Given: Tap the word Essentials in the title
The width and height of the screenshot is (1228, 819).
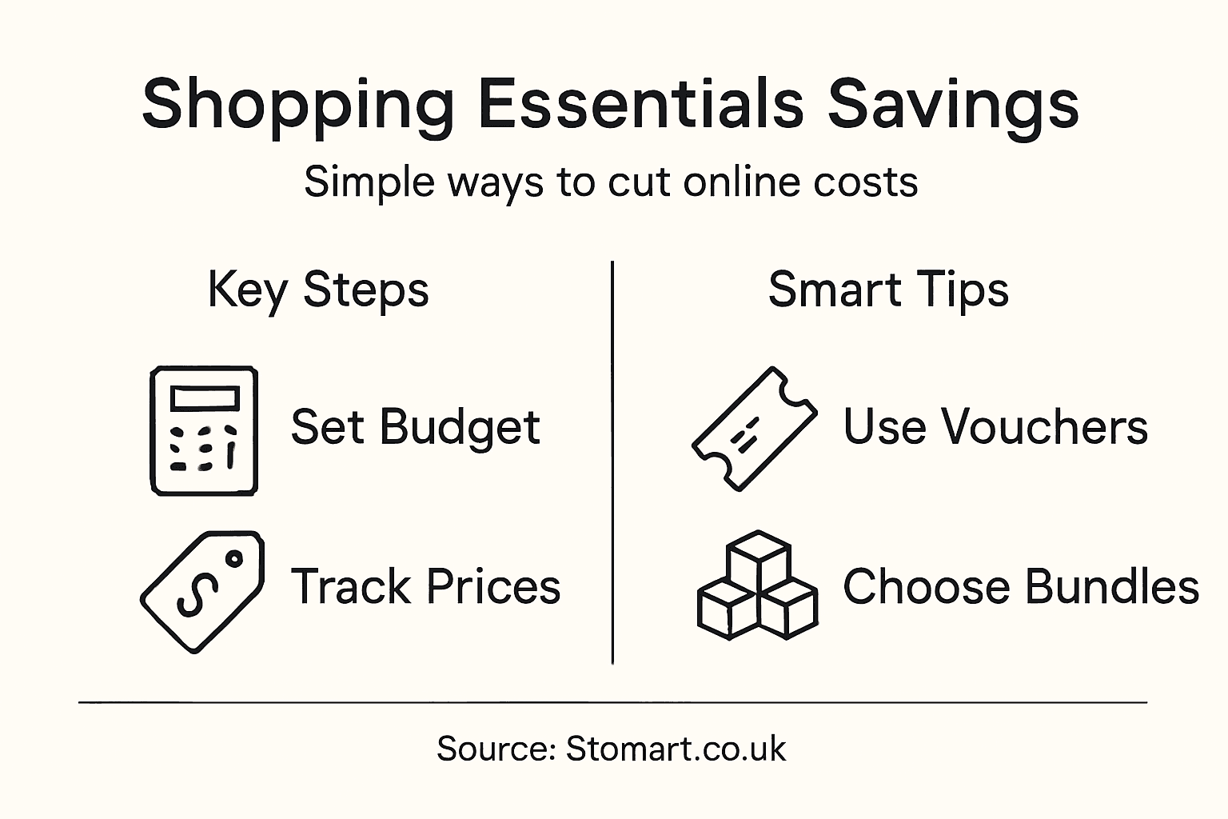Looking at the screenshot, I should (x=640, y=104).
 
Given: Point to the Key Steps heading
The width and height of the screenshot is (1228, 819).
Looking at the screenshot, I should (x=318, y=290).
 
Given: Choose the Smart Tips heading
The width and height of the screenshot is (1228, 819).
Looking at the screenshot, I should (x=888, y=290).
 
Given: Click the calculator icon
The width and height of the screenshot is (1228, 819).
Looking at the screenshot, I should (x=204, y=430).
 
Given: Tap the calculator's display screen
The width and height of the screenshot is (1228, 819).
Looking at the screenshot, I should (x=205, y=398).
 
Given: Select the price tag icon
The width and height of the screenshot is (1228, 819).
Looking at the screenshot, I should (x=201, y=591).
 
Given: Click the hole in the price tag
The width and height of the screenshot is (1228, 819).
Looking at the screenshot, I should (x=234, y=559).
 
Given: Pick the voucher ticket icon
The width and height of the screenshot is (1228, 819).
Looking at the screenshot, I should (x=754, y=428).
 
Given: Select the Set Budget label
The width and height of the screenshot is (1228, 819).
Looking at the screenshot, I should (x=415, y=427).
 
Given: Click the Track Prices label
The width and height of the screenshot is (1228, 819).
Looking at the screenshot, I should (x=425, y=587).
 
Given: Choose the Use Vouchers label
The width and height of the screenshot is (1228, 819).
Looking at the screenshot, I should (x=995, y=426).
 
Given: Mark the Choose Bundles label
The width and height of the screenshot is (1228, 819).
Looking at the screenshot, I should (x=1021, y=587).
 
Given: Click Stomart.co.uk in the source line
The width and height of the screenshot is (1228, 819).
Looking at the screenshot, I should (x=676, y=749).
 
